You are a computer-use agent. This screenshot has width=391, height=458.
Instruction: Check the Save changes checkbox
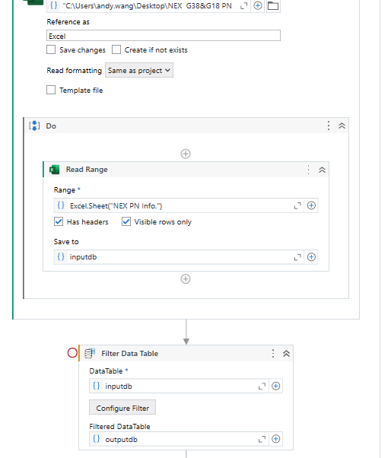(51, 49)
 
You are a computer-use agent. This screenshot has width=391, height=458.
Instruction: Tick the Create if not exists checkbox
(116, 49)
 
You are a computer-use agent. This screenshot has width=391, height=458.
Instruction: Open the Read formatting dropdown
(139, 71)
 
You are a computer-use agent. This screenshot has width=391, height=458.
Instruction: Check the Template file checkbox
(51, 90)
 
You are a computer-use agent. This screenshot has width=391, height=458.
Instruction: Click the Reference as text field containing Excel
(164, 36)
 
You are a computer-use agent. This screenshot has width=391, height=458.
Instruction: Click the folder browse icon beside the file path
(273, 6)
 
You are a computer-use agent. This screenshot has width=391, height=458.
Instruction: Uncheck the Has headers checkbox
(59, 221)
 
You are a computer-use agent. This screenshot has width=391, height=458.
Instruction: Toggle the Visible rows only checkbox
(126, 221)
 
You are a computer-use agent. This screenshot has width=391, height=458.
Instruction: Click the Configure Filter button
(122, 408)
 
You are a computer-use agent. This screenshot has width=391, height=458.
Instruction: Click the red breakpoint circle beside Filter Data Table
(72, 353)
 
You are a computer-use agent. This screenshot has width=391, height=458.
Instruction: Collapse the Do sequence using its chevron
(342, 126)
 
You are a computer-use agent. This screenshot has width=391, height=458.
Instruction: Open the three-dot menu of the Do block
(329, 126)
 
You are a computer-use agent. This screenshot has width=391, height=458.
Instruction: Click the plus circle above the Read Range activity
(186, 154)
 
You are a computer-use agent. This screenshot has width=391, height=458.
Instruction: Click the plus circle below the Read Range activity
(186, 279)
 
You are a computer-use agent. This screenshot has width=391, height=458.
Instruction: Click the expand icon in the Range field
(297, 206)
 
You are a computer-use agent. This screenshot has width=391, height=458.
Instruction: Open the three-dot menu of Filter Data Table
(273, 354)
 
